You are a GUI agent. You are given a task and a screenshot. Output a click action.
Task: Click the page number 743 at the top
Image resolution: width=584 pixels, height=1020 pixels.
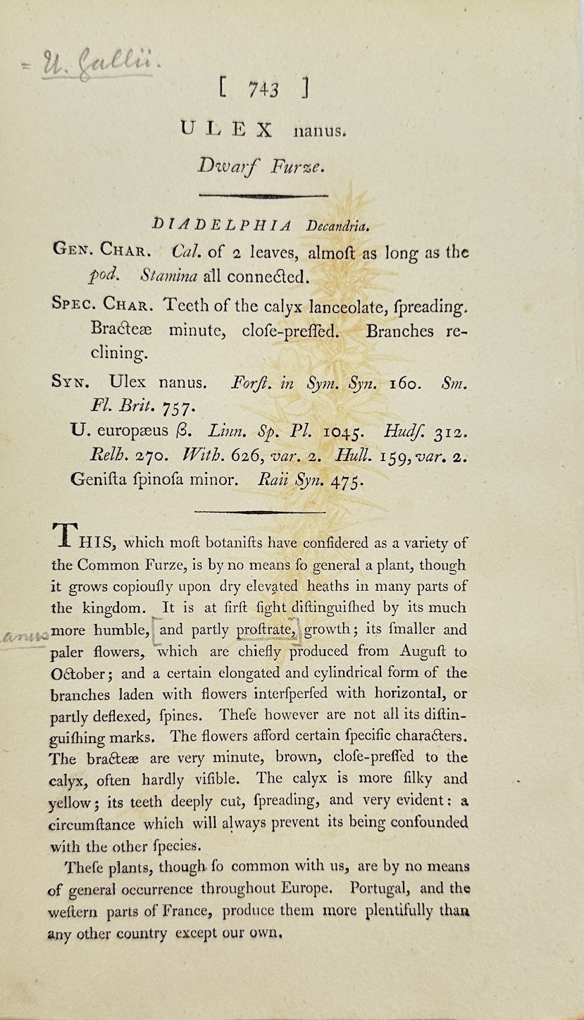click(x=263, y=90)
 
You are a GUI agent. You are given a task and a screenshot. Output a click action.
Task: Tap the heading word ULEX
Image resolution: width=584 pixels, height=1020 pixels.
click(x=226, y=129)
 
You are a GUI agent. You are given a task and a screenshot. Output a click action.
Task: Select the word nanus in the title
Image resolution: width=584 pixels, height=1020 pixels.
click(x=317, y=130)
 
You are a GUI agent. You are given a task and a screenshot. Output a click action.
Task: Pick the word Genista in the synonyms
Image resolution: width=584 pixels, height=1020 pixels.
click(x=97, y=480)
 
